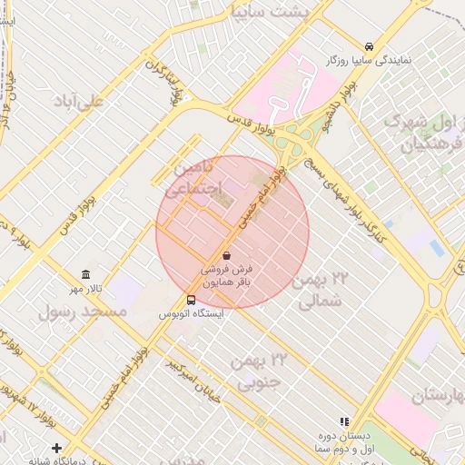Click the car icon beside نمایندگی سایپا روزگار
pos(369,46)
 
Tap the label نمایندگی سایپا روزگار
pos(369,60)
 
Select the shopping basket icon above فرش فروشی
pos(225,257)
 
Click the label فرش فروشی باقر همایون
pos(225,276)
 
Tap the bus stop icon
pos(191,300)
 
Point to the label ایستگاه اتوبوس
pos(191,313)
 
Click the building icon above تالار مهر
pos(85,274)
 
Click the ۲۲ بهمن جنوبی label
pos(257,372)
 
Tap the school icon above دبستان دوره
pos(343,421)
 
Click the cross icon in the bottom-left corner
pos(57,448)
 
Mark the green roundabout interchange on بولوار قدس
pos(295,138)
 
